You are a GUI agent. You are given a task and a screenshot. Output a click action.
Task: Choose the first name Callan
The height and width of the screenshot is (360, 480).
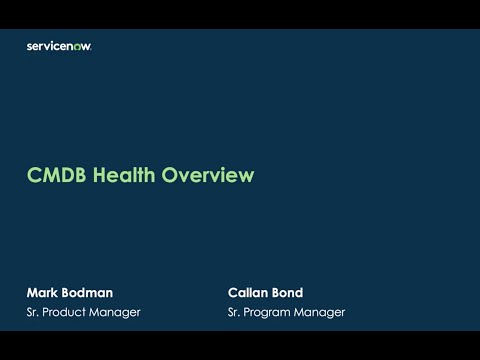(x=251, y=293)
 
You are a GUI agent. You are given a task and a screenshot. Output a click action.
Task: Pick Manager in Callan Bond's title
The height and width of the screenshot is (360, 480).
(x=321, y=312)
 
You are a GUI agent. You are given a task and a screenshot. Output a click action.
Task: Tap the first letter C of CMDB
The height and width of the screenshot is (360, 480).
(x=33, y=176)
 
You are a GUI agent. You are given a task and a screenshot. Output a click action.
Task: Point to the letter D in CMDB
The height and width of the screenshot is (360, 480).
(x=63, y=176)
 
